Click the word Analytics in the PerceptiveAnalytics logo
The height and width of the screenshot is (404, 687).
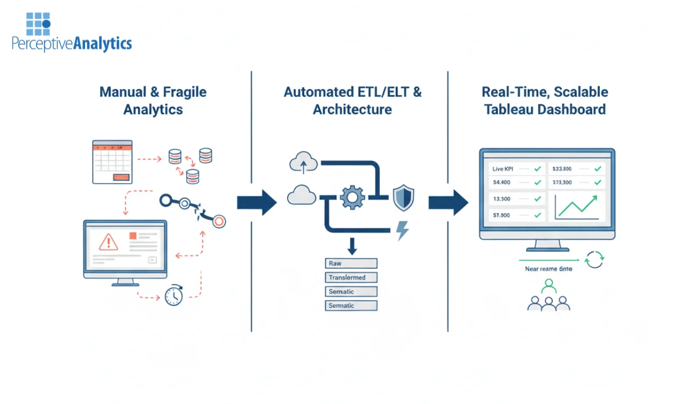point(102,44)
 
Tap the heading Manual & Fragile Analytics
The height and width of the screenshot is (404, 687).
point(153,101)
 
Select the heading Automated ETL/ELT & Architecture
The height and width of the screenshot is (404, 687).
point(352,101)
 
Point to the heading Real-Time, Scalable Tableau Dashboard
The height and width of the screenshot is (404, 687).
point(545,101)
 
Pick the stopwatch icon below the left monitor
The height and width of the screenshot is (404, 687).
point(174,295)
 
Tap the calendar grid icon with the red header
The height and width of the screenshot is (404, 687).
point(112,162)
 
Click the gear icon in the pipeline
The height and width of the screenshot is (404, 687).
point(352,197)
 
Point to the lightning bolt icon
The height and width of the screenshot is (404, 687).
point(402,231)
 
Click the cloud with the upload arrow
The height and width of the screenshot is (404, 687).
point(303,162)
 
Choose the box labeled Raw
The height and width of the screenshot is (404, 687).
point(351,263)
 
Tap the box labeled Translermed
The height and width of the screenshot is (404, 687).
point(351,277)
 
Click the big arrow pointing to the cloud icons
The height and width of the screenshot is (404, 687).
point(256,203)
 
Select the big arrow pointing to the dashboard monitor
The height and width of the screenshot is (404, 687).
point(448,203)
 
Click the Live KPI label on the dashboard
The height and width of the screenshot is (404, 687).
point(503,169)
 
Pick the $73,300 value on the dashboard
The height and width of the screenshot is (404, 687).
point(562,183)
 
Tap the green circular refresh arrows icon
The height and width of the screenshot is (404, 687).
point(594,259)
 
